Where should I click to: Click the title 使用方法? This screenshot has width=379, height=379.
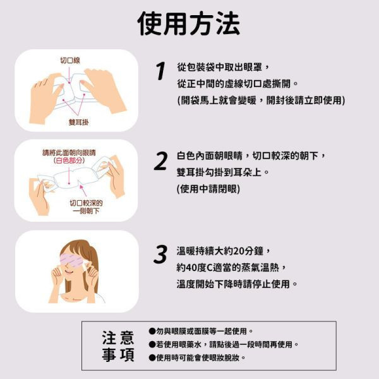point(189,24)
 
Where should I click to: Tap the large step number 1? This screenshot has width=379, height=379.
point(160,71)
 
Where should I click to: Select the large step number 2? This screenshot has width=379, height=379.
point(160,161)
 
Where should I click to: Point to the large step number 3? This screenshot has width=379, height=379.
point(160,254)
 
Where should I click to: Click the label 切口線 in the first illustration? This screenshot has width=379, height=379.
point(69,61)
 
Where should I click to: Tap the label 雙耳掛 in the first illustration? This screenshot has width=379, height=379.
point(78,121)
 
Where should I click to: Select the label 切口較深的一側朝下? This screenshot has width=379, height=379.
point(87,207)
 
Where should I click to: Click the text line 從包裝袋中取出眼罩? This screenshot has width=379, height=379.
point(224,67)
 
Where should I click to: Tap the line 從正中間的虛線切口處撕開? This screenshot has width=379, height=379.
point(237,83)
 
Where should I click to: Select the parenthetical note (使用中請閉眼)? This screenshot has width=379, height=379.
point(208,188)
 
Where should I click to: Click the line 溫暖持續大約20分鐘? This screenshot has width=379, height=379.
point(224,251)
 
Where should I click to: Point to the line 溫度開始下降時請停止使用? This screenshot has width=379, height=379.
point(237,284)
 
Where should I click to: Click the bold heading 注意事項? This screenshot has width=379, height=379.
point(118,346)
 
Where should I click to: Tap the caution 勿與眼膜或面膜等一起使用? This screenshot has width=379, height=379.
point(200,331)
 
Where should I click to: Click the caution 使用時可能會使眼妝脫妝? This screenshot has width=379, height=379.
point(196,358)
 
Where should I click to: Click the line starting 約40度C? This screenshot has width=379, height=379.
point(231,267)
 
